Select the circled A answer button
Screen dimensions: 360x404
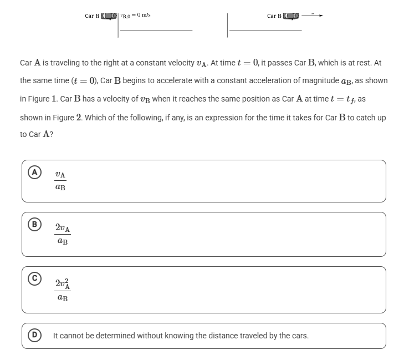(35, 173)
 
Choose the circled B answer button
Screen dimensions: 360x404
(35, 225)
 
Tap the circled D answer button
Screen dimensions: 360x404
(35, 336)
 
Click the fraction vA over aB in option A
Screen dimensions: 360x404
(60, 181)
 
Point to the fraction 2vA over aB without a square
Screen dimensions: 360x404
(63, 234)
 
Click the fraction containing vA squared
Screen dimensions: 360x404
(63, 290)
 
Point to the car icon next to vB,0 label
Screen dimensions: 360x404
(110, 16)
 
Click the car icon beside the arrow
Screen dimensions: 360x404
(292, 16)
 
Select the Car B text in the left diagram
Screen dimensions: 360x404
(92, 16)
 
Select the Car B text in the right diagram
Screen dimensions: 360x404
(274, 16)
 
